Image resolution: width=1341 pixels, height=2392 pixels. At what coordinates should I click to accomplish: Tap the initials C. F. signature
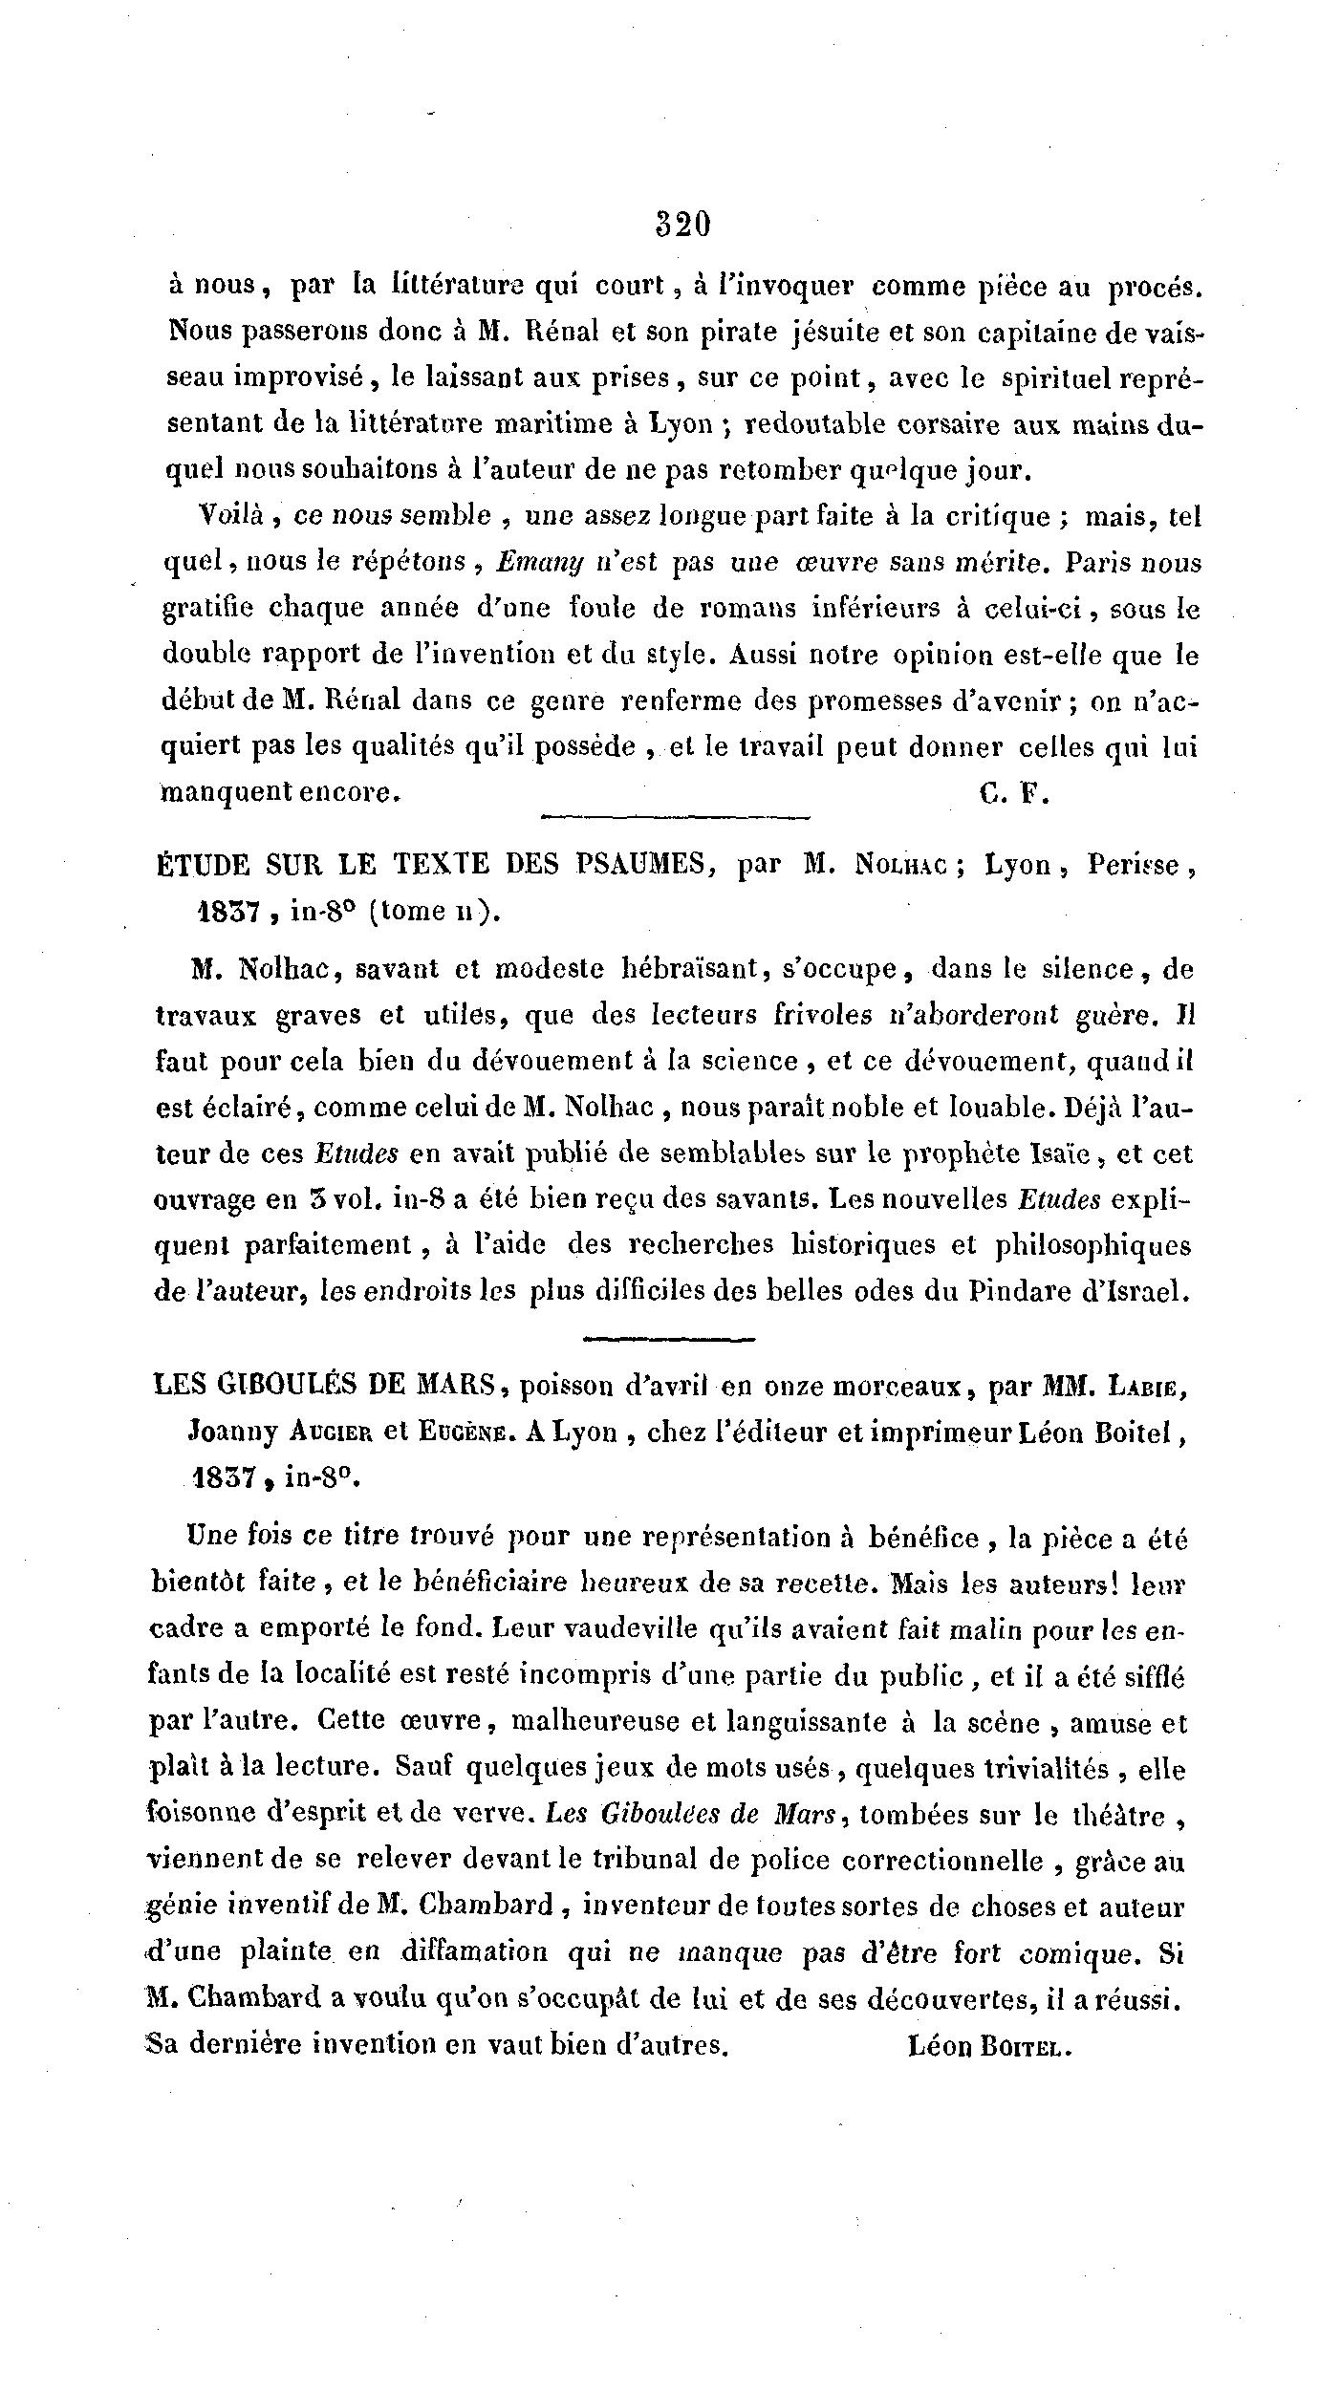click(1015, 794)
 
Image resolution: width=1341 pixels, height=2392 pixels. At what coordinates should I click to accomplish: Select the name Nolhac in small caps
click(897, 865)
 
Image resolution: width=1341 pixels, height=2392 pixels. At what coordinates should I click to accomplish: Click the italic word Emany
click(529, 563)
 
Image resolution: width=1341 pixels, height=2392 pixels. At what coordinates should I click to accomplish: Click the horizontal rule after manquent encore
click(675, 815)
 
